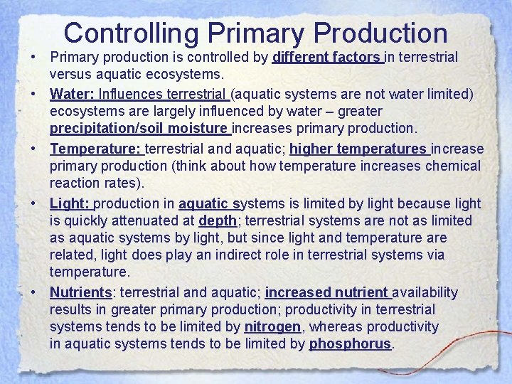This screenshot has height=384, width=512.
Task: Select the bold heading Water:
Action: (69, 94)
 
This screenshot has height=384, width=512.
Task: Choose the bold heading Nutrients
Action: (80, 292)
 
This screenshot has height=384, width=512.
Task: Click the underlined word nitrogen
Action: (273, 326)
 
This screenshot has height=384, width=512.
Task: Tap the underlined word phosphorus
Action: (350, 343)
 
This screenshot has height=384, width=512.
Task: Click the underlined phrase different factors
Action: (326, 56)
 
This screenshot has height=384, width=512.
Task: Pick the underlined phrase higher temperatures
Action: (357, 149)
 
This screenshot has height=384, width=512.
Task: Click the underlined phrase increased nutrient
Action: (327, 292)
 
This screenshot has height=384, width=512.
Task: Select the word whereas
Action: (335, 326)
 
